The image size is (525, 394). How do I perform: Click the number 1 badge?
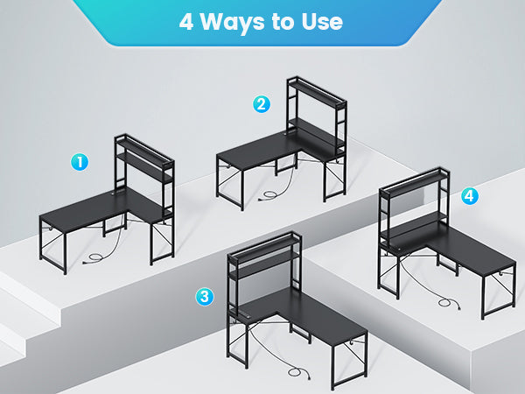pos(80,162)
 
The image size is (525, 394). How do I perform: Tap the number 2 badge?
pos(262,104)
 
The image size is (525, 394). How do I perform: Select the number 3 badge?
pos(205,297)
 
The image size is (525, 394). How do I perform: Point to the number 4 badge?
pos(470,196)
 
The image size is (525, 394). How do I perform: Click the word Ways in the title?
pos(233,22)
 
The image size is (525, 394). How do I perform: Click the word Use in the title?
pos(322,22)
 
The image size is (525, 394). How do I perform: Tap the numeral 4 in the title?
pos(186,23)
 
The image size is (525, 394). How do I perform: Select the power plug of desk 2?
pos(261,199)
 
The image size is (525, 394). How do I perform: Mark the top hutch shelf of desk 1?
pos(144,150)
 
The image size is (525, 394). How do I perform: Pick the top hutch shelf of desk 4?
pos(415,183)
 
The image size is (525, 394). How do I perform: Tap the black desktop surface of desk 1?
pos(101,208)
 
